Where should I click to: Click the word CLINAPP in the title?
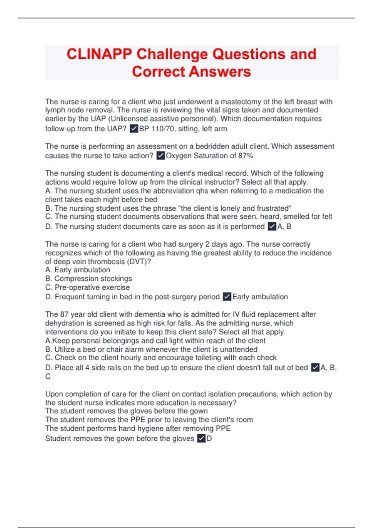pos(99,54)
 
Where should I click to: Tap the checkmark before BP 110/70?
pos(134,129)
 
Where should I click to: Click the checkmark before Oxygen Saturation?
pos(160,156)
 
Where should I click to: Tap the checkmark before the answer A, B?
pos(272,226)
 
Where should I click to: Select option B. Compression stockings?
pos(89,279)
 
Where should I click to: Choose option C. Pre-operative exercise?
pos(87,287)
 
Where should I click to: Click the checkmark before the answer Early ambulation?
pos(227,297)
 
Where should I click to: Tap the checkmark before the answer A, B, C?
pos(315,368)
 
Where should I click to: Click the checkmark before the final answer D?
pos(201,439)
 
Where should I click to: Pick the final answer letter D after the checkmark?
pos(210,439)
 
